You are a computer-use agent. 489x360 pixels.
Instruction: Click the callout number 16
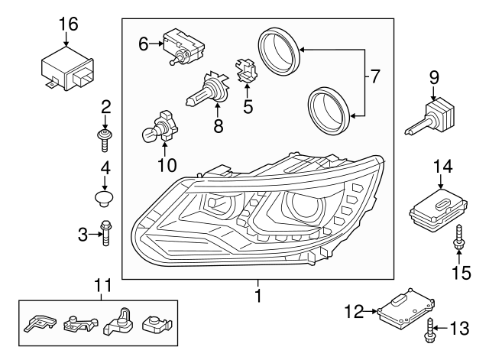click(69, 24)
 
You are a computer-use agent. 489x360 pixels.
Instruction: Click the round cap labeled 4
click(105, 199)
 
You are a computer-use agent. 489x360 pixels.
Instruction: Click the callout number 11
click(102, 286)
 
